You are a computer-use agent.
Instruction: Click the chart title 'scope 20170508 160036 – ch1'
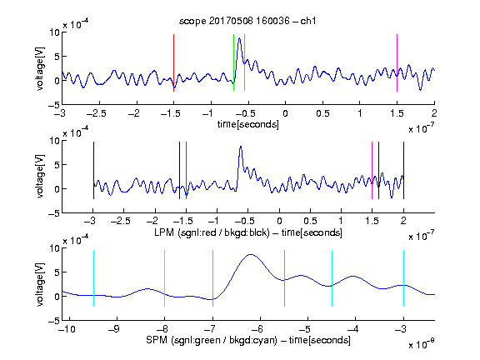pyautogui.click(x=247, y=21)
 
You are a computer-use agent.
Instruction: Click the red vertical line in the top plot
pyautogui.click(x=173, y=62)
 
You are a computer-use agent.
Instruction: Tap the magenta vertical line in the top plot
pyautogui.click(x=397, y=62)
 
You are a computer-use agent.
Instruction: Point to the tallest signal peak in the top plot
pyautogui.click(x=239, y=38)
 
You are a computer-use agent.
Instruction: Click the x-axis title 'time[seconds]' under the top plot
pyautogui.click(x=248, y=124)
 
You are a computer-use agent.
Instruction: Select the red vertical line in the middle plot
pyautogui.click(x=186, y=171)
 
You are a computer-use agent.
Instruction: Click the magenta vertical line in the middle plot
pyautogui.click(x=372, y=171)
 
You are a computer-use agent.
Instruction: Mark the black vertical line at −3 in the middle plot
pyautogui.click(x=93, y=171)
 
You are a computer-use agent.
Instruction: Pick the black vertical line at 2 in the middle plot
pyautogui.click(x=403, y=171)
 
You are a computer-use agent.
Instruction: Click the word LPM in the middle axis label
pyautogui.click(x=164, y=232)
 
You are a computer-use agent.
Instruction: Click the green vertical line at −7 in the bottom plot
pyautogui.click(x=212, y=278)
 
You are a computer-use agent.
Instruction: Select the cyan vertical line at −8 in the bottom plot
pyautogui.click(x=164, y=278)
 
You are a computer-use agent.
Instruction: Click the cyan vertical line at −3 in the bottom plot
pyautogui.click(x=403, y=278)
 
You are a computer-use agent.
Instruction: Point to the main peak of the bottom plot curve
pyautogui.click(x=251, y=254)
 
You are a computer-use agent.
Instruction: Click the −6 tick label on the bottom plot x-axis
pyautogui.click(x=258, y=329)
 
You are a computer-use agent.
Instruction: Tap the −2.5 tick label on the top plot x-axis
pyautogui.click(x=97, y=113)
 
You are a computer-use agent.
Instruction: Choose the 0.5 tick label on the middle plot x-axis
pyautogui.click(x=310, y=221)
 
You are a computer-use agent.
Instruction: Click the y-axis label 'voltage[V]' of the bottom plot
pyautogui.click(x=40, y=284)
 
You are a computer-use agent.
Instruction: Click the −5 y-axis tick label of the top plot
pyautogui.click(x=53, y=105)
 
